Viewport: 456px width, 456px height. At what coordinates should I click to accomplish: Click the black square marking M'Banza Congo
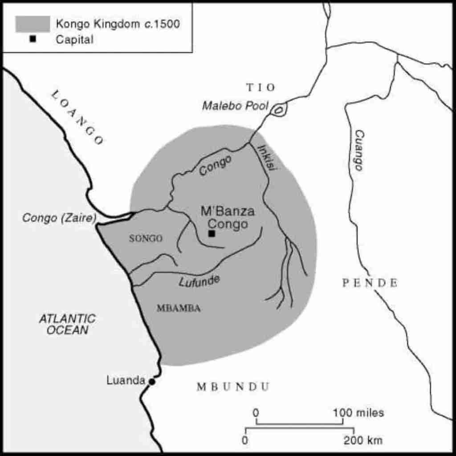click(212, 233)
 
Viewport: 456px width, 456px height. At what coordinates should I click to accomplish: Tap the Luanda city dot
click(152, 382)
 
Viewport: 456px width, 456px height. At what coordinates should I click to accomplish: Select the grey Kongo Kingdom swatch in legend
click(33, 24)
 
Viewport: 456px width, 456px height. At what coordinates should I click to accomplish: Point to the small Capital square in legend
click(33, 39)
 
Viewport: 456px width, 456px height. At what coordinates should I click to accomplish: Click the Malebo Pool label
click(235, 106)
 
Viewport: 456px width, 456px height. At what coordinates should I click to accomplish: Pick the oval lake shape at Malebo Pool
click(279, 109)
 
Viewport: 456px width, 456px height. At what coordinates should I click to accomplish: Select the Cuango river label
click(358, 151)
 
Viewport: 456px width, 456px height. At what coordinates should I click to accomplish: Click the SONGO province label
click(146, 239)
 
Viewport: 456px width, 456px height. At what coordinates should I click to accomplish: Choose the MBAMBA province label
click(179, 308)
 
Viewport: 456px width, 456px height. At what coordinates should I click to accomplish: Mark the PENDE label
click(370, 283)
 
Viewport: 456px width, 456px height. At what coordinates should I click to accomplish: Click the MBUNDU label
click(233, 387)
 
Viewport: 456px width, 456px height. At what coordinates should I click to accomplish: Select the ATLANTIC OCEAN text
click(67, 324)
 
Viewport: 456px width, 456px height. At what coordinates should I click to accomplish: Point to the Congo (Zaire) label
click(60, 218)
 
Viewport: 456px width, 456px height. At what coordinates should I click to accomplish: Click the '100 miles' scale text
click(358, 413)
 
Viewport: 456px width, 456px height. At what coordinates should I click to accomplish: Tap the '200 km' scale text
click(362, 440)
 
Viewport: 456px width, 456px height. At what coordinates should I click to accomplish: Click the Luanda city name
click(126, 381)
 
